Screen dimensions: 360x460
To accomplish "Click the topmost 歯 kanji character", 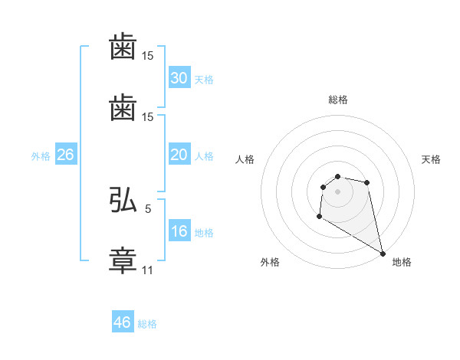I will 123,49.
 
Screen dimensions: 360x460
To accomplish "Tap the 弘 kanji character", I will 123,201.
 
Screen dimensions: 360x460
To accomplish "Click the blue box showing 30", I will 179,78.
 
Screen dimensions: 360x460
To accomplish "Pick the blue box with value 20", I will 179,155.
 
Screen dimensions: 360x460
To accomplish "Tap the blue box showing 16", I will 179,231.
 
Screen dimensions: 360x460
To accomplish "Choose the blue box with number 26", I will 65,155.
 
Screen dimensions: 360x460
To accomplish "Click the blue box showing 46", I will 123,322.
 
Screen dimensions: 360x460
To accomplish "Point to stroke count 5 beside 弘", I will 148,208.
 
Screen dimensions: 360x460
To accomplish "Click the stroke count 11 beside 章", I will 148,270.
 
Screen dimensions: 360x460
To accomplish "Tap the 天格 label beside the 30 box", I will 204,80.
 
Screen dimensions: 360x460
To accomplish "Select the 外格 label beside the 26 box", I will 41,156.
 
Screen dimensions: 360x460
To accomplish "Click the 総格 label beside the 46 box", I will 147,324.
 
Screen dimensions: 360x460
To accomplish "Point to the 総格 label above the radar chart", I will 338,100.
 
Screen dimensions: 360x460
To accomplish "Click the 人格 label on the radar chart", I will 245,159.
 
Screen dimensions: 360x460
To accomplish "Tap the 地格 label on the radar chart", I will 402,262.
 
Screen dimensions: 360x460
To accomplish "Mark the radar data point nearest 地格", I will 383,253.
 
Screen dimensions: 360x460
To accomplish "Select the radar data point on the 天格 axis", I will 367,182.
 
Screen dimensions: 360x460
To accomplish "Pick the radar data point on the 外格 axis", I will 319,217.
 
